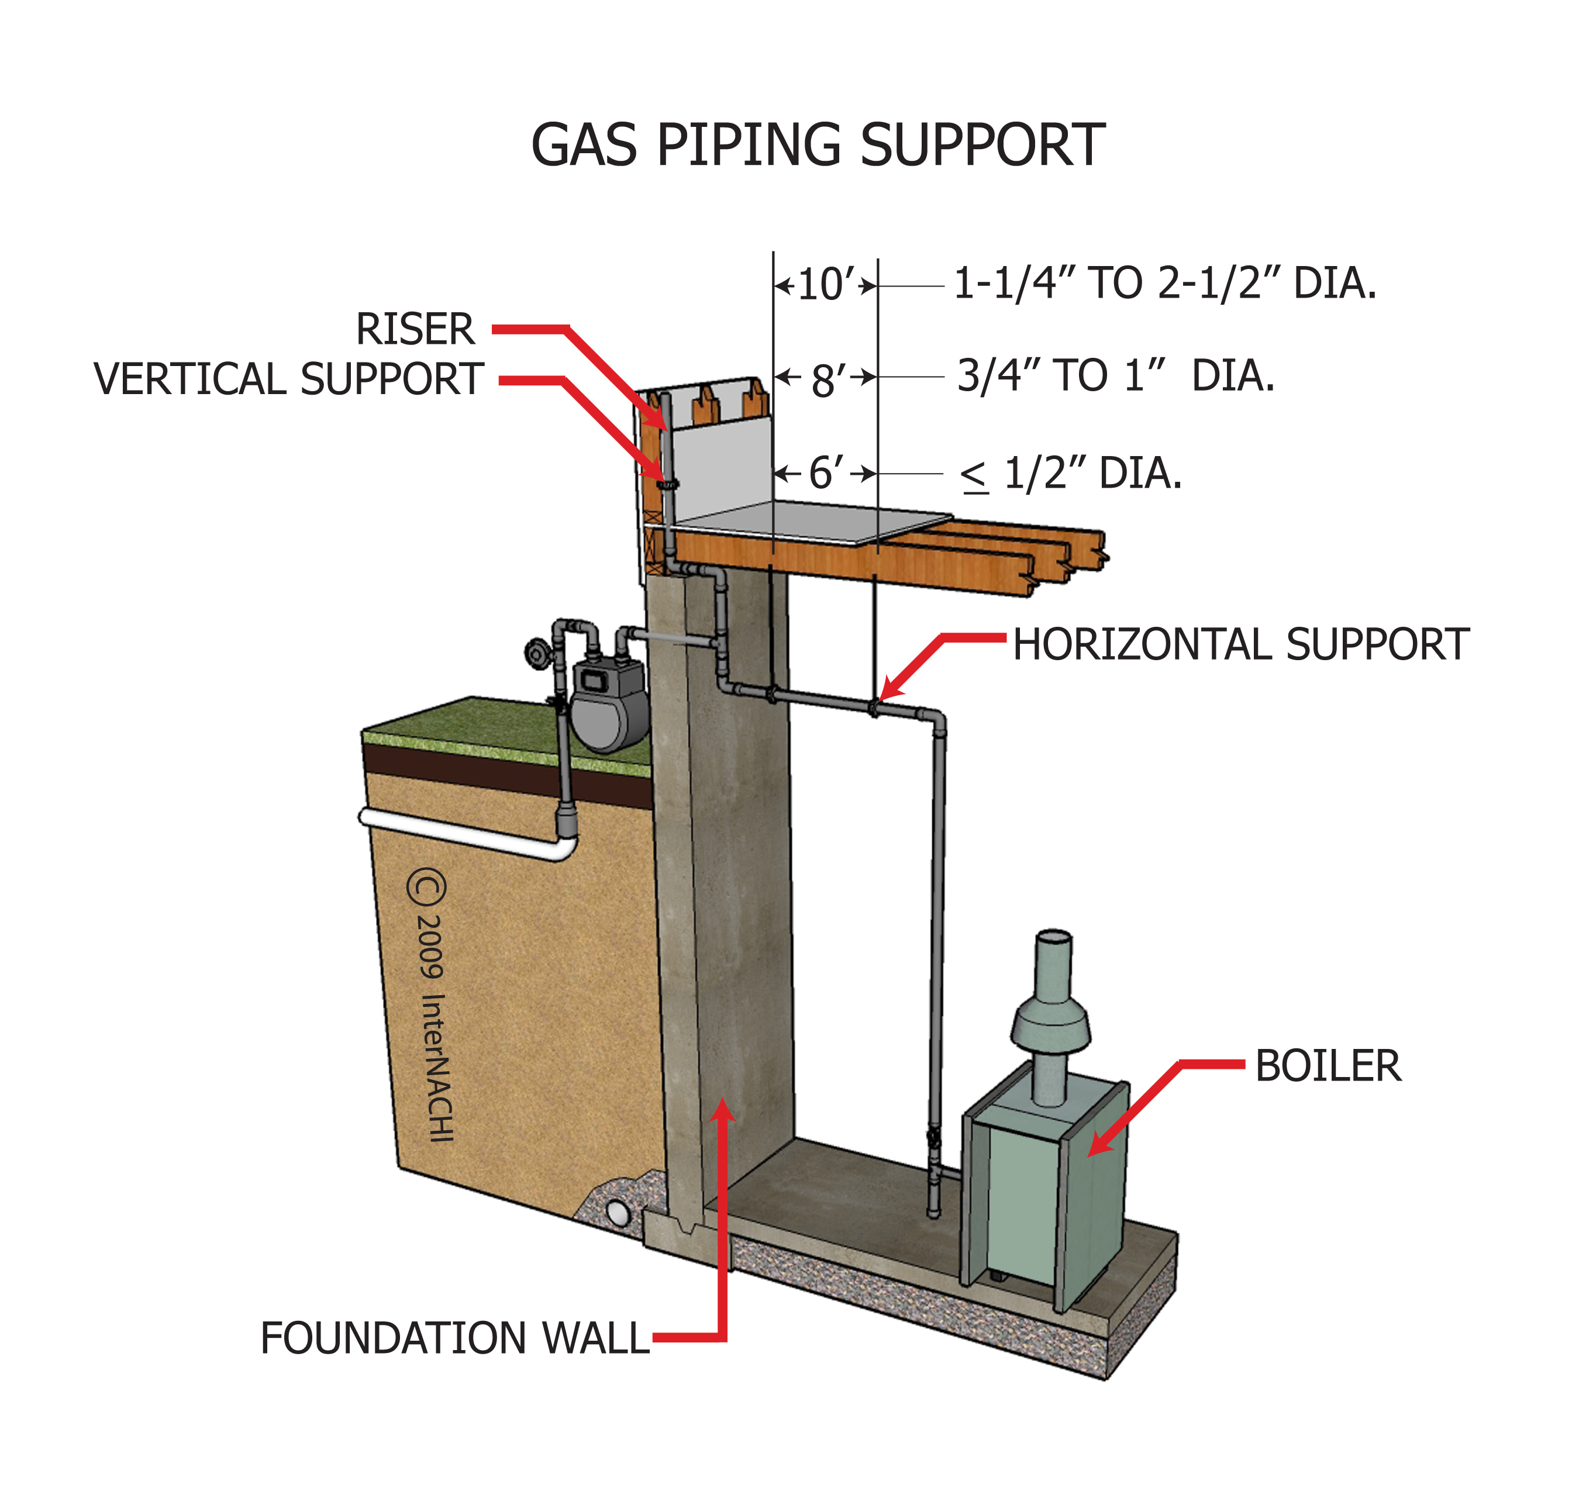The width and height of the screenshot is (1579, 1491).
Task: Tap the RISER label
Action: pos(415,329)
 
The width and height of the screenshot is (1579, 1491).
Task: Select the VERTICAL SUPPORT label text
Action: pos(289,379)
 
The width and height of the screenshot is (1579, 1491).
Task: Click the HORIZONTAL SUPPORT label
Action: pos(1240,644)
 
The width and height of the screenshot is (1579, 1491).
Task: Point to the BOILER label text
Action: pos(1328,1067)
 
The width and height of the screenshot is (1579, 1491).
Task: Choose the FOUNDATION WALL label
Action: pos(455,1339)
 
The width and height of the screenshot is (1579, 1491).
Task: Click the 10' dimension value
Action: pos(825,285)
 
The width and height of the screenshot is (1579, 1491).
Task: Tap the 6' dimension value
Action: pos(825,474)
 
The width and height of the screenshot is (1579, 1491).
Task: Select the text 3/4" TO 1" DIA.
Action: pos(1115,376)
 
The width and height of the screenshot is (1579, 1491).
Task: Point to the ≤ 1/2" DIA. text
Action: pos(1071,474)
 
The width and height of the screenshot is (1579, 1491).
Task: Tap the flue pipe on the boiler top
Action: pos(1053,1017)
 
